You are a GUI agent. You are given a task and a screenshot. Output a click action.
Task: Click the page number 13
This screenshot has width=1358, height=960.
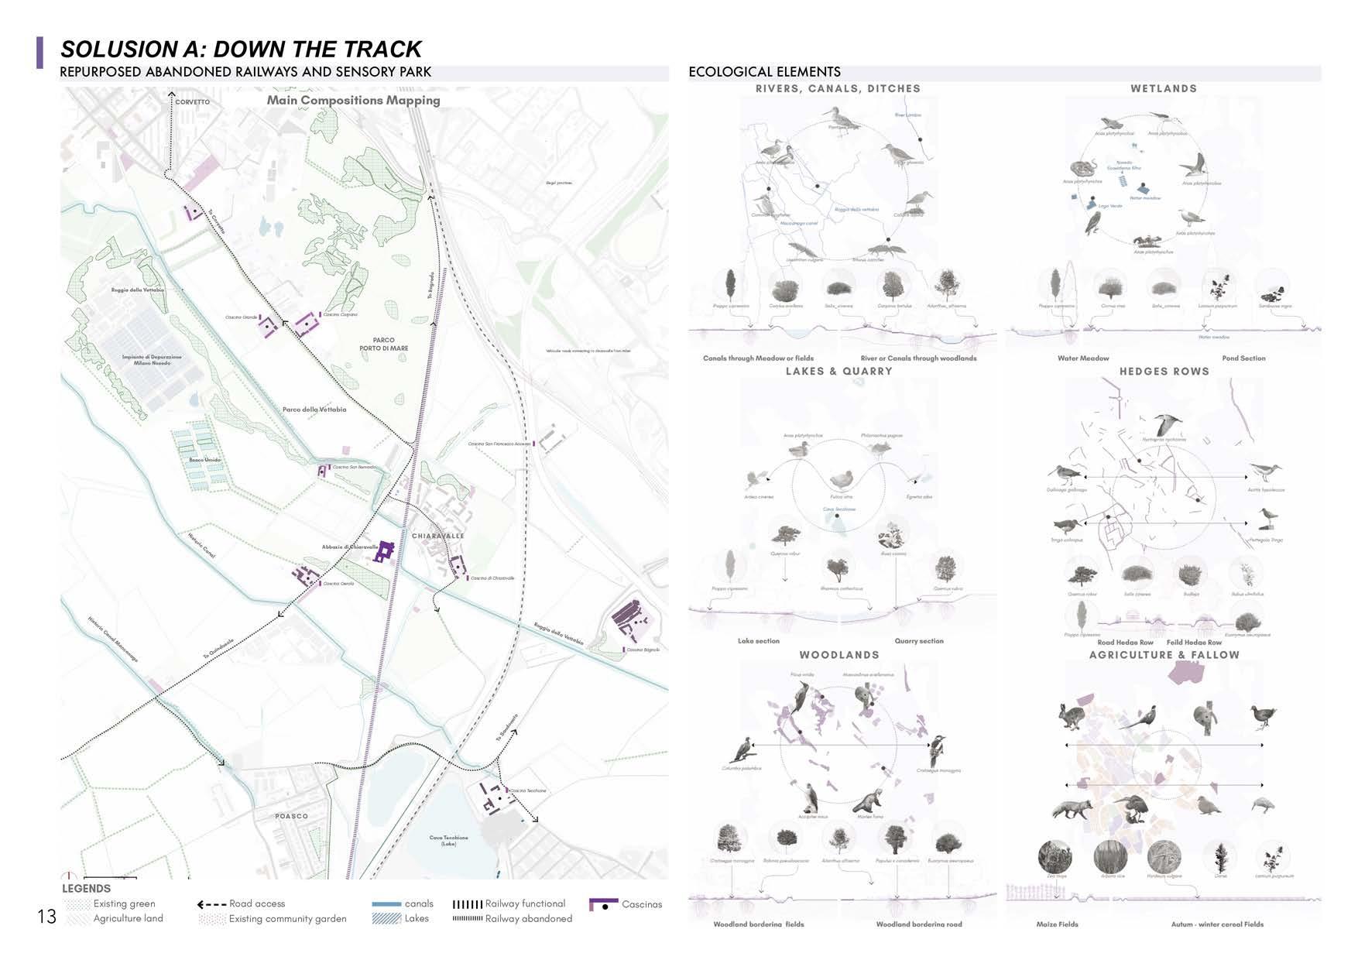(46, 917)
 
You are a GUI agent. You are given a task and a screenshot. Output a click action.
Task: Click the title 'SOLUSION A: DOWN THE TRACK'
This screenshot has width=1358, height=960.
(241, 49)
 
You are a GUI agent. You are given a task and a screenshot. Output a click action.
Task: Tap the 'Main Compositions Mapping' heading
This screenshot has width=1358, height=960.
(353, 100)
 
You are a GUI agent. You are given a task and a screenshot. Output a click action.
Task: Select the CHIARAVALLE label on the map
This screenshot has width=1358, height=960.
(438, 536)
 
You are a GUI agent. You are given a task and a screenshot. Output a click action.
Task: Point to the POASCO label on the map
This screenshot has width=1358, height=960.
(292, 816)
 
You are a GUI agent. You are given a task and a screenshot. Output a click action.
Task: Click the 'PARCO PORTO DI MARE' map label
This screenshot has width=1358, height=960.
(383, 344)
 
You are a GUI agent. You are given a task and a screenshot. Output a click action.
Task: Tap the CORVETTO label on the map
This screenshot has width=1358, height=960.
(192, 102)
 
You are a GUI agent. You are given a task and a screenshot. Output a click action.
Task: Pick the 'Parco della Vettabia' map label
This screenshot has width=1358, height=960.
(314, 409)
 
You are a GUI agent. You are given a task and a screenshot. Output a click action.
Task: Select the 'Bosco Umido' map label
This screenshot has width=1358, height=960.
(205, 460)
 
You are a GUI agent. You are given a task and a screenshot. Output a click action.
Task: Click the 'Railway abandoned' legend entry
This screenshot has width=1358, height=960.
(528, 919)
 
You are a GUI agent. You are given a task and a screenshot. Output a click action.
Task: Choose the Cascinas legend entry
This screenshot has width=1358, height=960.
(642, 904)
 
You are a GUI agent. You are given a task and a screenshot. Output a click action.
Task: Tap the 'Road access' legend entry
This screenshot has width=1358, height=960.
(257, 903)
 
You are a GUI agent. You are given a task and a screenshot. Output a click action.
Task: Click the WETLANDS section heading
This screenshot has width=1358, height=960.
(1164, 88)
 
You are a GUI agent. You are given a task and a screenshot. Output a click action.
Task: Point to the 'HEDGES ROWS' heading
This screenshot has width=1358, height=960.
(1164, 372)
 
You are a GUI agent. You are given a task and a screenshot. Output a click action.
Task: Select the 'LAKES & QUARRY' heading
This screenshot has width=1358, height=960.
(838, 372)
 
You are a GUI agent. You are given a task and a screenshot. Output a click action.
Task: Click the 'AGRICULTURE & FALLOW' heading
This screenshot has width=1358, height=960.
(1164, 655)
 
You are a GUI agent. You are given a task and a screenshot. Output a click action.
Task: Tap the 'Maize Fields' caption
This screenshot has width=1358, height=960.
(1057, 924)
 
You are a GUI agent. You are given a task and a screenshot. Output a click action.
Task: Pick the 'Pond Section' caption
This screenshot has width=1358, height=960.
(1243, 358)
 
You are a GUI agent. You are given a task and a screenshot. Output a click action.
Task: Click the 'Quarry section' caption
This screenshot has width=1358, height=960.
(919, 641)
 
